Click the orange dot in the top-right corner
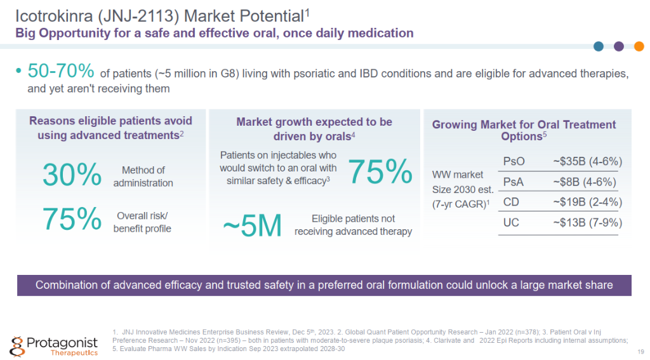(x=639, y=46)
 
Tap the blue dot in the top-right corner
(x=599, y=46)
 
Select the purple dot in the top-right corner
(x=619, y=46)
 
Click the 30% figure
(x=72, y=176)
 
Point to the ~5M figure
(x=252, y=225)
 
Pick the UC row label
(x=511, y=223)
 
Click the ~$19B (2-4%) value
(x=587, y=203)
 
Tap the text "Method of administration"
(x=143, y=177)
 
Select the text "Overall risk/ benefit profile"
(x=142, y=222)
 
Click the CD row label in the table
(x=511, y=203)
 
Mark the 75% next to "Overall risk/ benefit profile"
(x=72, y=219)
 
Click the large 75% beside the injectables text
(x=380, y=171)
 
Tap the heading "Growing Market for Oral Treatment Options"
(x=524, y=130)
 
